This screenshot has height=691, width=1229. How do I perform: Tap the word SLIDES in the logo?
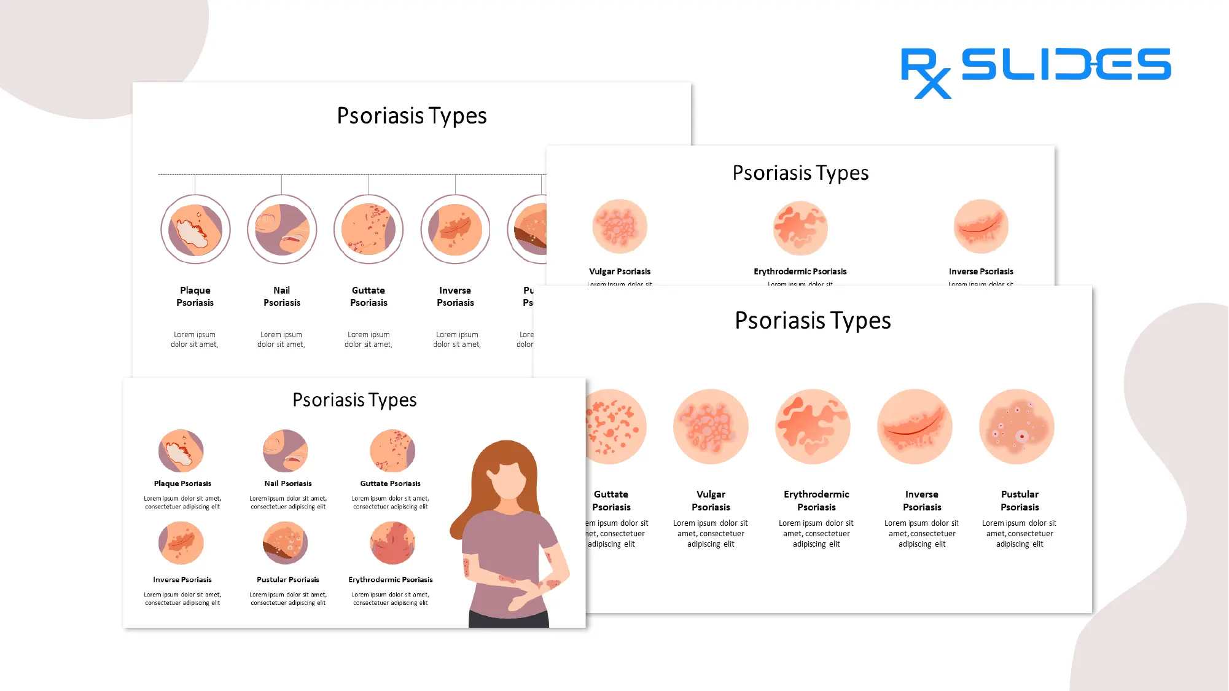1066,64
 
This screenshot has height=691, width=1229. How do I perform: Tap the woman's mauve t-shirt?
504,547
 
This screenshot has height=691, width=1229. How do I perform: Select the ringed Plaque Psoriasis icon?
195,230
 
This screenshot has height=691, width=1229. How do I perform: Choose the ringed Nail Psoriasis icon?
282,230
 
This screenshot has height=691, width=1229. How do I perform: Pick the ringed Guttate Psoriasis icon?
369,230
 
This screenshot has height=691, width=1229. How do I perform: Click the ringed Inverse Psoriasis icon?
455,230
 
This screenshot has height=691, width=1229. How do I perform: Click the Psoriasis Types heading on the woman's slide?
354,400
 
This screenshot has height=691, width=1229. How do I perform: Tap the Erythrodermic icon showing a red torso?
392,543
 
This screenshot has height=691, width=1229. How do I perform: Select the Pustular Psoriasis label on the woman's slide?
287,580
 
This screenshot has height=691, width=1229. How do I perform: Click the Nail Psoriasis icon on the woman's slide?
285,451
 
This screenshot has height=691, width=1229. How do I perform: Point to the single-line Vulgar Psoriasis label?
619,271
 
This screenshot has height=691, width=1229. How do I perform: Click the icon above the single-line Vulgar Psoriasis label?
619,227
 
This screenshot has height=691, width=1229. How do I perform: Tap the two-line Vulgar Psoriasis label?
711,501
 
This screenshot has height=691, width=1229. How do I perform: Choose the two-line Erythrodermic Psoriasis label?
816,501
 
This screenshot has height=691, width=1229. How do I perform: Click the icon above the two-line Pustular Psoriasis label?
1016,427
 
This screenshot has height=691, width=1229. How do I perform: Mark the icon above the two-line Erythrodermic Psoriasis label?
813,427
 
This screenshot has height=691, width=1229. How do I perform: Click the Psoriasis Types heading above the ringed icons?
412,116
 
